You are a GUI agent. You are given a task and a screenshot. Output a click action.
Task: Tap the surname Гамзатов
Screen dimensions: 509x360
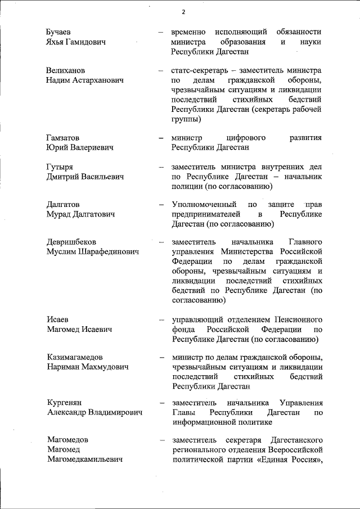62,137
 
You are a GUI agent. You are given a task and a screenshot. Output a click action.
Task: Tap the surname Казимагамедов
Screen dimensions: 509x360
74,357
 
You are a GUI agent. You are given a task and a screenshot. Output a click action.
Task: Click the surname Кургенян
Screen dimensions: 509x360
64,403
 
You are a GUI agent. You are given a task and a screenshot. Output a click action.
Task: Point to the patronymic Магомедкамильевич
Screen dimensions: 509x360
84,460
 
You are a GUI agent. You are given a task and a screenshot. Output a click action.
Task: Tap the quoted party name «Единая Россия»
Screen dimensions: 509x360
287,460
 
